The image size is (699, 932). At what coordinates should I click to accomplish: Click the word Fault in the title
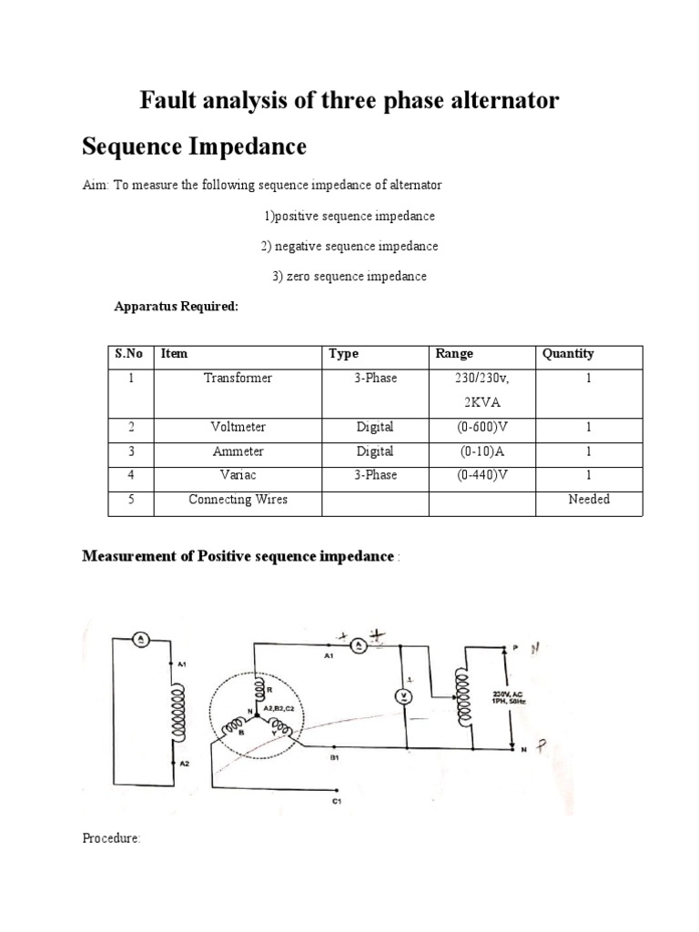point(168,100)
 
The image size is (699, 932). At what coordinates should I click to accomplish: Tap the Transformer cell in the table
point(238,378)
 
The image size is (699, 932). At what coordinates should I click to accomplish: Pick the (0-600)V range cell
point(477,427)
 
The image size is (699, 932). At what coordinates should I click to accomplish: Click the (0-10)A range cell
point(477,451)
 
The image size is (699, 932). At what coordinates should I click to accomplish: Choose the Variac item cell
point(238,475)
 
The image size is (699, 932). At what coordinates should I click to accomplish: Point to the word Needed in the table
point(588,499)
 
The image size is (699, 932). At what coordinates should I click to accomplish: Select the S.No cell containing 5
point(131,499)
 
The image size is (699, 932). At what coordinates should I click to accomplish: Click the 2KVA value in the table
point(477,401)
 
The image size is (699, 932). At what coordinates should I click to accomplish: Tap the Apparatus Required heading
point(176,307)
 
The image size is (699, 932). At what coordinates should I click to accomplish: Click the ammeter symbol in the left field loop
point(141,640)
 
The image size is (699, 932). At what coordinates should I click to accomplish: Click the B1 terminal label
point(334,757)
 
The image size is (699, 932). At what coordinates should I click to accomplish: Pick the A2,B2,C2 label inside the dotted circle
point(277,706)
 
